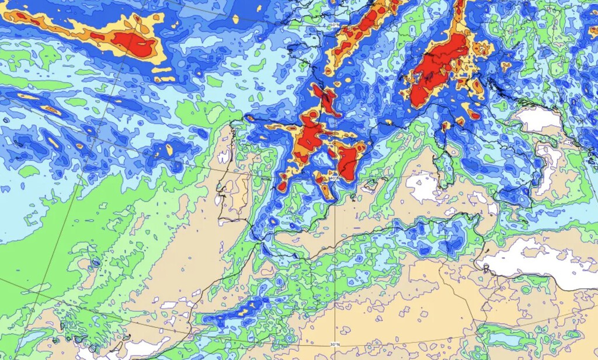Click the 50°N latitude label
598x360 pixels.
point(333,26)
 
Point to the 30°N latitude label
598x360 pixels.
point(333,344)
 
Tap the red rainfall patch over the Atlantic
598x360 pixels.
point(134,44)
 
